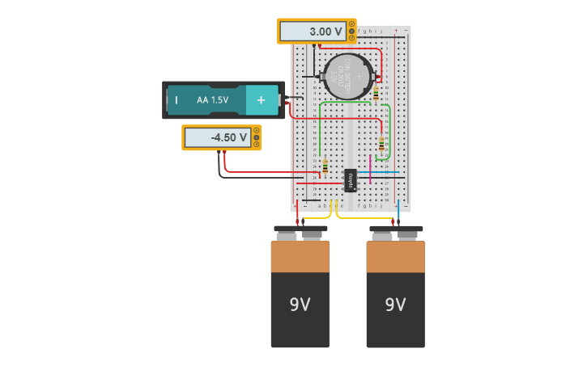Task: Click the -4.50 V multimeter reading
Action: point(217,138)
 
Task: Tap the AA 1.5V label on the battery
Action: point(212,100)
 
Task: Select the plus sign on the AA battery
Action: point(261,100)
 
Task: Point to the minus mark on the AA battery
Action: point(176,100)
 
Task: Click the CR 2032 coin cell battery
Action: point(347,77)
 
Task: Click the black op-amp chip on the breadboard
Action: point(351,180)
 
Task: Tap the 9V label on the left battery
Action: point(300,305)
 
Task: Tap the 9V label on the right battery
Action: point(395,305)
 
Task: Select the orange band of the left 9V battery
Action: point(300,256)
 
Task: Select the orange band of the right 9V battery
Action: point(395,256)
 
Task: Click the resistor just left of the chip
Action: point(325,167)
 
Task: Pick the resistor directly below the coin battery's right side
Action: point(376,93)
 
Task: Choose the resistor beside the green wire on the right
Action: point(381,145)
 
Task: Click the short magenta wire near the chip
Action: point(370,169)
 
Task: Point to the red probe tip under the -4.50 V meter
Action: point(224,158)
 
